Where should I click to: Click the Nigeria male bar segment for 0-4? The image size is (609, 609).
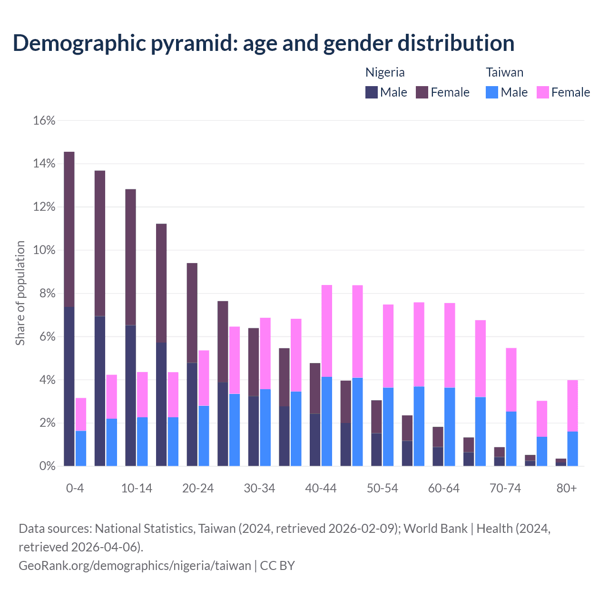click(69, 386)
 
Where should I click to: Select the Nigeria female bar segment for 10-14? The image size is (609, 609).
click(130, 257)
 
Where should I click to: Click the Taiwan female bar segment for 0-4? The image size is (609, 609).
click(81, 414)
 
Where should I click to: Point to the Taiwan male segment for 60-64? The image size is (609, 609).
click(450, 427)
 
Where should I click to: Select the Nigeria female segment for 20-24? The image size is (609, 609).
click(192, 313)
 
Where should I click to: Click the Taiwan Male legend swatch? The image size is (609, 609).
click(492, 92)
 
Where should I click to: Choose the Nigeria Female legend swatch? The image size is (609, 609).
click(422, 92)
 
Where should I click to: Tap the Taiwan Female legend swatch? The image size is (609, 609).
click(542, 92)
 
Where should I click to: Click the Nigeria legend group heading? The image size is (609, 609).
click(385, 72)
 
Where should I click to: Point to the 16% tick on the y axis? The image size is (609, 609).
click(44, 121)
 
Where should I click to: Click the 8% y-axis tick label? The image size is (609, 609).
click(47, 294)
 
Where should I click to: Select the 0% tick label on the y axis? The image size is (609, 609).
click(47, 466)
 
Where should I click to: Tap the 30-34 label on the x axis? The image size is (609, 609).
click(259, 489)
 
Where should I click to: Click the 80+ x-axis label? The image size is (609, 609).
click(567, 489)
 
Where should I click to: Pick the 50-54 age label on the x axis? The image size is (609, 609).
click(382, 489)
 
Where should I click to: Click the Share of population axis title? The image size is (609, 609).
click(20, 293)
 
